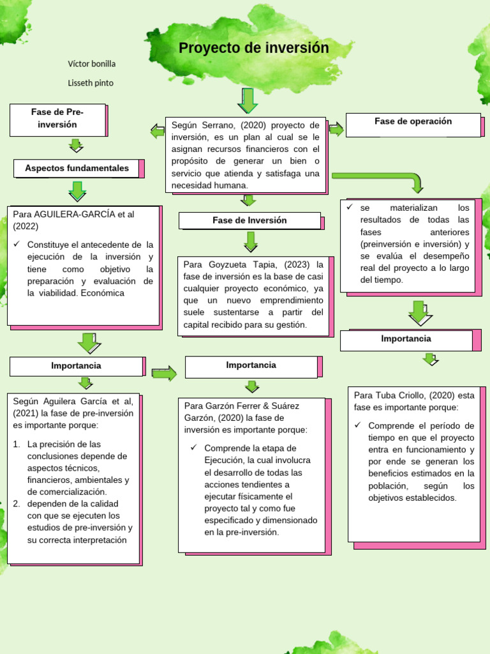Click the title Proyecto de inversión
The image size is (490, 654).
[x=253, y=49]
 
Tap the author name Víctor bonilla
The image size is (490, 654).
[x=92, y=64]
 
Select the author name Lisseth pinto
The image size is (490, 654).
[x=91, y=83]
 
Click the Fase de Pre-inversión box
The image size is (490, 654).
[x=57, y=119]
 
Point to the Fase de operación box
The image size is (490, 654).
[x=413, y=122]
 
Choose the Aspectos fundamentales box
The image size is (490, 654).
[x=77, y=169]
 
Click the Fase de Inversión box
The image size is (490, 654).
[x=249, y=220]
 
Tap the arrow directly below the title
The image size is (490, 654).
[x=247, y=100]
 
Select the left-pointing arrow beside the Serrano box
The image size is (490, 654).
[x=157, y=132]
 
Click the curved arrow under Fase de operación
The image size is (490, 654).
[x=383, y=179]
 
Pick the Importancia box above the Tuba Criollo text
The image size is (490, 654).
[x=406, y=339]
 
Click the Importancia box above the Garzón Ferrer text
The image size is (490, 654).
[x=251, y=365]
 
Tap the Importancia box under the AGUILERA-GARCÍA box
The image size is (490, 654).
[x=76, y=366]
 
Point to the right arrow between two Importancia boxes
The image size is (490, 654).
[x=164, y=374]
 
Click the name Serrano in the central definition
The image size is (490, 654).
[x=221, y=125]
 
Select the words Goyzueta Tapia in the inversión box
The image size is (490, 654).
[x=242, y=264]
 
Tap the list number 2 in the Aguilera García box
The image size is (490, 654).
[x=17, y=504]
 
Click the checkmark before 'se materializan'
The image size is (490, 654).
[x=349, y=208]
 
